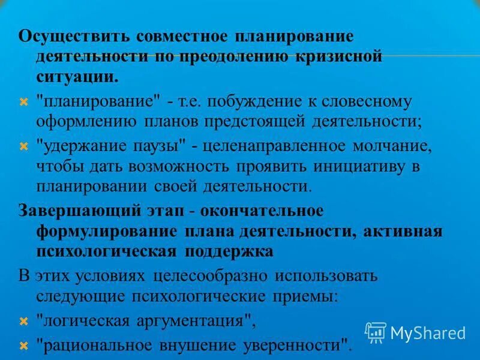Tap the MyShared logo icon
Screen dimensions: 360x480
(376, 332)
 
